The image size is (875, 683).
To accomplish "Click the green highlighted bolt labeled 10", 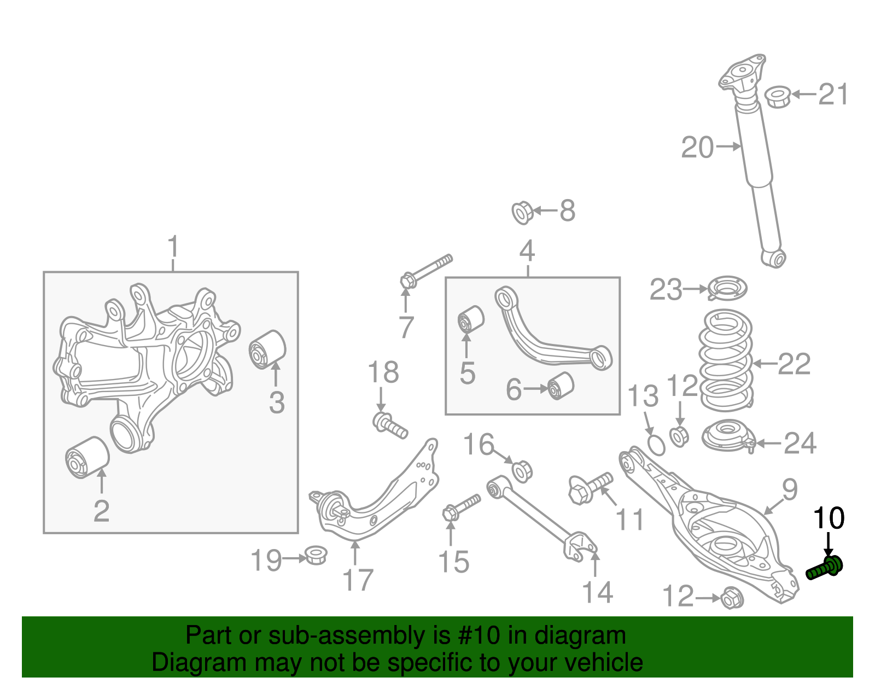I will tap(825, 568).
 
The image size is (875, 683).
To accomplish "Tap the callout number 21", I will tap(833, 95).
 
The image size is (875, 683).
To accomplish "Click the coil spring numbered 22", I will tap(726, 361).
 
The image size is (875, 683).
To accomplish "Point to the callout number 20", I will tap(697, 148).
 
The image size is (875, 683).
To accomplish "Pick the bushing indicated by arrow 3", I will tap(267, 349).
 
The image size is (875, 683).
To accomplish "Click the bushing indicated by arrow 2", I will tap(87, 457).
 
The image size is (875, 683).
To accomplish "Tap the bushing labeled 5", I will tap(470, 319).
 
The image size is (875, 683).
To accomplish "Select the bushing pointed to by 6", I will tap(562, 386).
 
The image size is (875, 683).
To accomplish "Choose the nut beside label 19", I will tap(315, 556).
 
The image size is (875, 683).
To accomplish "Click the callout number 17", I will tap(358, 581).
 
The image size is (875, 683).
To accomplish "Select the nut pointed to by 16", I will tap(522, 470).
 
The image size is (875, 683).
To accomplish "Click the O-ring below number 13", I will tap(656, 445).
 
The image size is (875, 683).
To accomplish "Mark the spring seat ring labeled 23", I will tap(727, 289).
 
